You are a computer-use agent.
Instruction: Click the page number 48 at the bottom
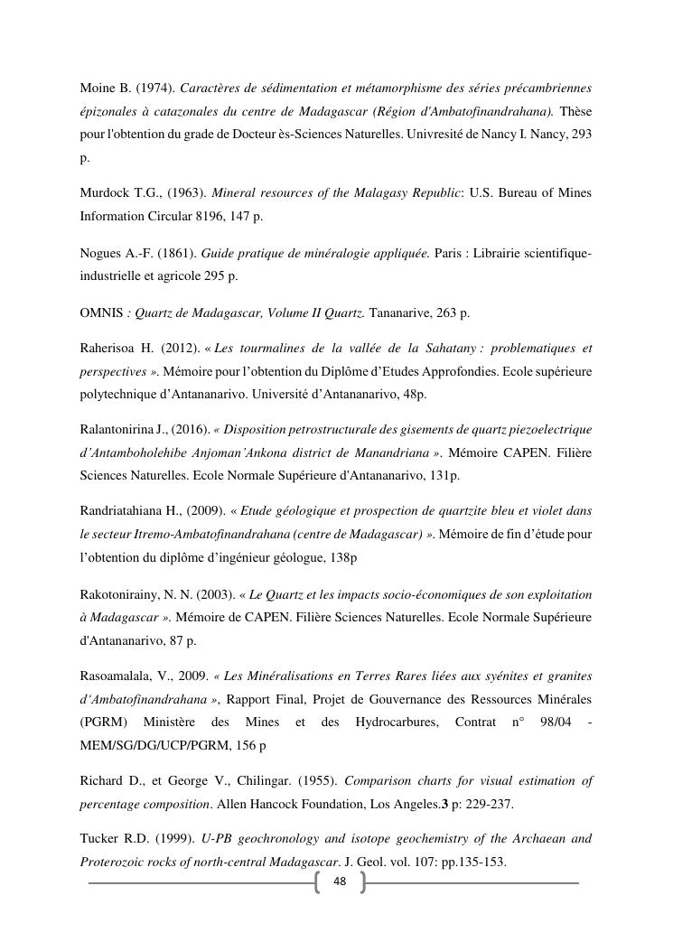(x=340, y=881)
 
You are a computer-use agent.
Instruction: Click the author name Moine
(x=98, y=88)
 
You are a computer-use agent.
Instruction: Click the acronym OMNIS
(x=102, y=312)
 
